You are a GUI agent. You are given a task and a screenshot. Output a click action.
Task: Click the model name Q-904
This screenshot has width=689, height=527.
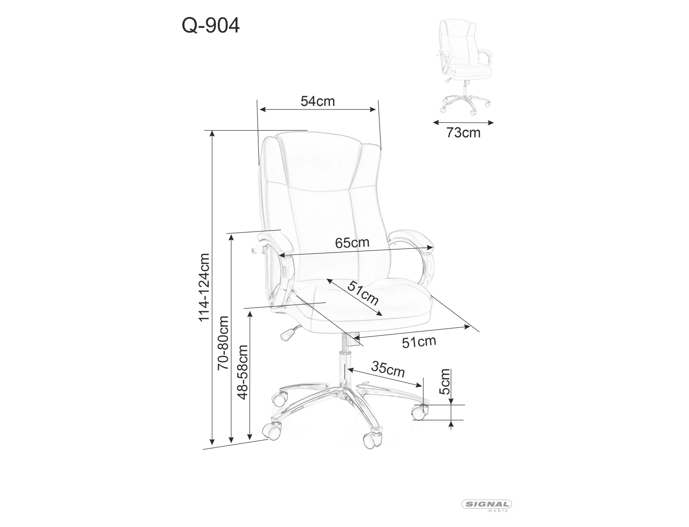click(x=210, y=25)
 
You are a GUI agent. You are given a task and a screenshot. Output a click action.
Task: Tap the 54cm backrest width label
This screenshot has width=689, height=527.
click(x=317, y=101)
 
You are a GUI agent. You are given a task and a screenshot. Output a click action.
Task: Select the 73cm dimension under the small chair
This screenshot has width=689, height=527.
click(x=463, y=133)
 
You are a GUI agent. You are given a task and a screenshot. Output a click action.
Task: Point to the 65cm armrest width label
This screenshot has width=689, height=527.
click(x=352, y=243)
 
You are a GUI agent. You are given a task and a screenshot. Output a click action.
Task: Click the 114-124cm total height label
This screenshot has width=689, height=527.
click(x=204, y=287)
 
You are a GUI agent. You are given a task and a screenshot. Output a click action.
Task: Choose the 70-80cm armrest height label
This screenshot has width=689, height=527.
click(x=223, y=343)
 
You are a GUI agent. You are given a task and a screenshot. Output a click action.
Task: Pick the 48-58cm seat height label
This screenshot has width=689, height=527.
click(x=243, y=372)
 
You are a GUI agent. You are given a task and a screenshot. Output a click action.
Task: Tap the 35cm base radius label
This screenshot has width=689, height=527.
click(x=388, y=369)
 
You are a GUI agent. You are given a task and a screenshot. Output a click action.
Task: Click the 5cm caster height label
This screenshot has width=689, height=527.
click(x=445, y=382)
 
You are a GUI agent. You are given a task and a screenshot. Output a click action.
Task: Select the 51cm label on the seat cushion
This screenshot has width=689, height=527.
click(x=363, y=293)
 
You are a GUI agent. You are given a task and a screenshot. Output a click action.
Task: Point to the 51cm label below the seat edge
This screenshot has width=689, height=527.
click(x=419, y=342)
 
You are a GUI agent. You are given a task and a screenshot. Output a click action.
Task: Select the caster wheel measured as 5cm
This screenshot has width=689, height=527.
click(x=419, y=412)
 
